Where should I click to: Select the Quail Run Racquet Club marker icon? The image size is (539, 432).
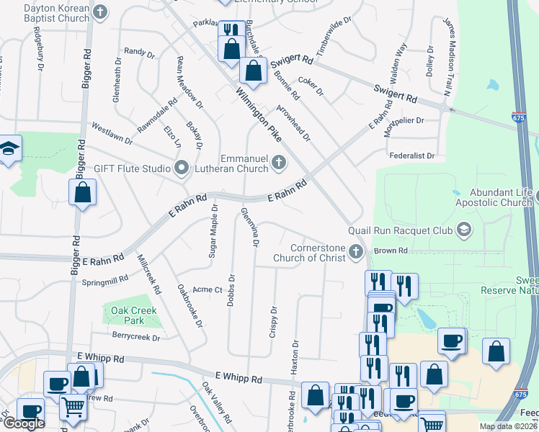[463, 230]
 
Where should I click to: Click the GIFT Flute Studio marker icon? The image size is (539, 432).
[181, 168]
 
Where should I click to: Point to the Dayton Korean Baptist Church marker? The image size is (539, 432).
[100, 12]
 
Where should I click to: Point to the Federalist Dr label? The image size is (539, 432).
[411, 156]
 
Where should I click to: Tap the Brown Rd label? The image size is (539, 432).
[391, 251]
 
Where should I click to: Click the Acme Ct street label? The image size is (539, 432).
[208, 289]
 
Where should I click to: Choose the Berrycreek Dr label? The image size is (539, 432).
[135, 336]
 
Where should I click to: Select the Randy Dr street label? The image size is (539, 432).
[139, 52]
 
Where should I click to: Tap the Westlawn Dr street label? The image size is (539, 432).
[112, 132]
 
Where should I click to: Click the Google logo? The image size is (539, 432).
[24, 423]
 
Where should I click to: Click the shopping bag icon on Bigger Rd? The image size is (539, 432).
[83, 193]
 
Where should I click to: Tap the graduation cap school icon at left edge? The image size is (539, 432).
[9, 149]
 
